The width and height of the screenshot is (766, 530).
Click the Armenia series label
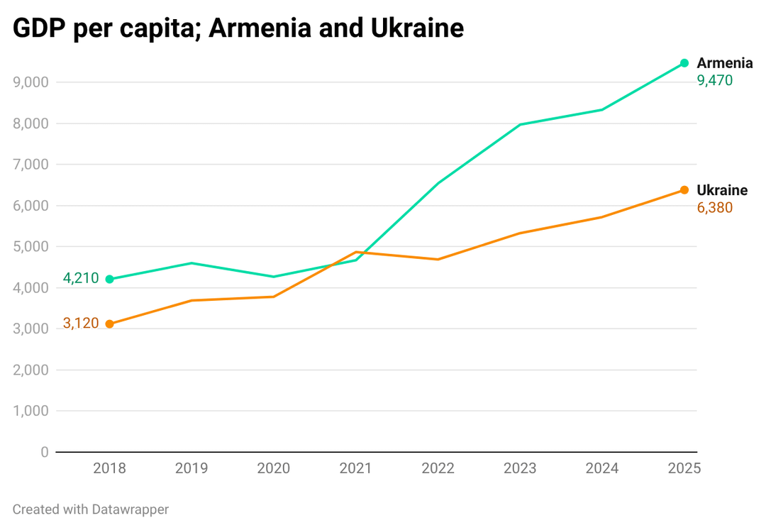(724, 63)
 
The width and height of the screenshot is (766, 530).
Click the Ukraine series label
(722, 190)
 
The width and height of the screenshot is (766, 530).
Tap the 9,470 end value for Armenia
(715, 81)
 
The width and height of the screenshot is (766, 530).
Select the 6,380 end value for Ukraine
(715, 208)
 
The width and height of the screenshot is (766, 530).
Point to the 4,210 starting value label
(81, 278)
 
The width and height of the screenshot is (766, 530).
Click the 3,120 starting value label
(81, 324)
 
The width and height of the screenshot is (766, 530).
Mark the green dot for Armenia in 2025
(684, 63)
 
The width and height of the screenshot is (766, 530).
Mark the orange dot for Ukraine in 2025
(684, 190)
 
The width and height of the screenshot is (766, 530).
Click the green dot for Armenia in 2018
(109, 280)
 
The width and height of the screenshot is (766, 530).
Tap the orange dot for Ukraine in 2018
(109, 324)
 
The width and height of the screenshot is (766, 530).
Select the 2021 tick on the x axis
(355, 468)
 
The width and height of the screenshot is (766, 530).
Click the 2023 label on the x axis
(520, 468)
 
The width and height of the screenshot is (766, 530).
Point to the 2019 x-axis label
(191, 468)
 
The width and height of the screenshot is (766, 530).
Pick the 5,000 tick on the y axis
(30, 247)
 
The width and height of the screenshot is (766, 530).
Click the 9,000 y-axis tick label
(30, 82)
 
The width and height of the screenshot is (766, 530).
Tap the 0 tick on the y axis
(45, 452)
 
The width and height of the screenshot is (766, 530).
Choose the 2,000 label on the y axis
(30, 370)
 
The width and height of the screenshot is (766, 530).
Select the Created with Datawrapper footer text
(91, 509)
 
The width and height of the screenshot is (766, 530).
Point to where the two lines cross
(348, 255)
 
